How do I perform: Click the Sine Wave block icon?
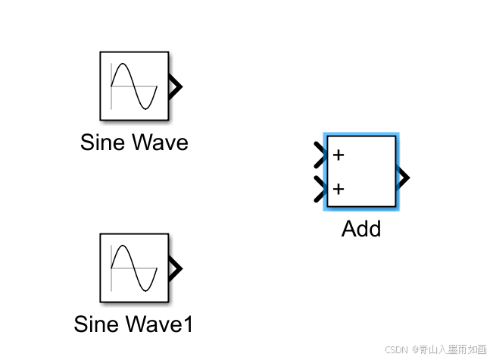(x=134, y=86)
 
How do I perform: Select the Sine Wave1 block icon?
(x=134, y=268)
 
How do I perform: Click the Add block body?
(x=361, y=172)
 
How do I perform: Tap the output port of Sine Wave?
(x=176, y=86)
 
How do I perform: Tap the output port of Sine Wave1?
(x=176, y=268)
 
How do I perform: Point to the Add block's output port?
(x=404, y=178)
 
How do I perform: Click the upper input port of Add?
(x=319, y=155)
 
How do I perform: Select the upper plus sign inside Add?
(x=339, y=155)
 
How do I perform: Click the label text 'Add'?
(x=361, y=228)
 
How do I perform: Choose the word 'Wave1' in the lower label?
(x=160, y=324)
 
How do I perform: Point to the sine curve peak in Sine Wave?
(x=123, y=66)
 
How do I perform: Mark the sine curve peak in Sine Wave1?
(x=123, y=247)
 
